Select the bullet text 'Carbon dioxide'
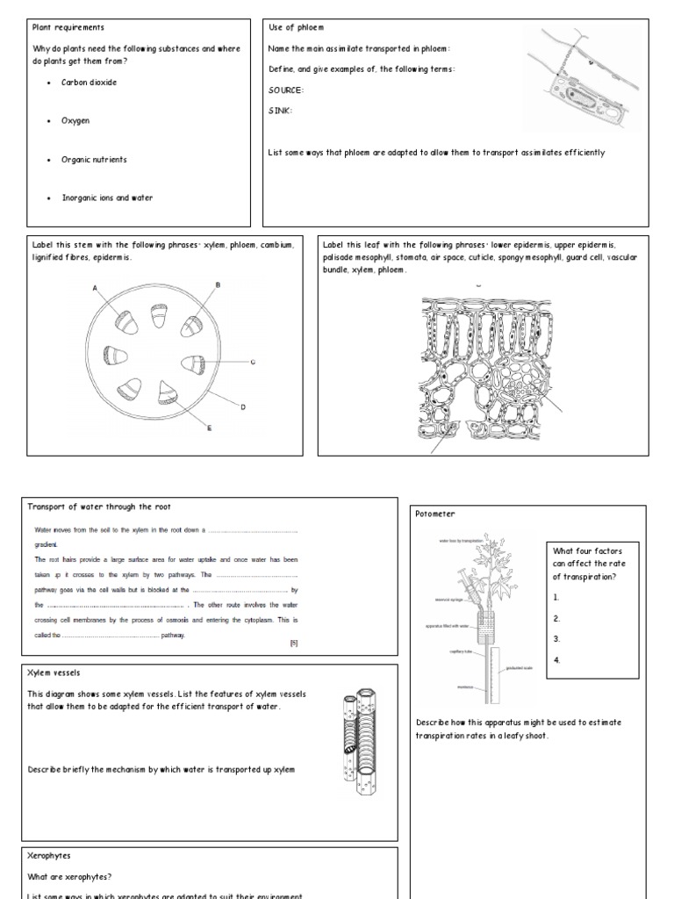coord(88,83)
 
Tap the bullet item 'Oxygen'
coord(75,120)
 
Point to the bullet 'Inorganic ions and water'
coord(106,198)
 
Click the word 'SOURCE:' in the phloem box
coord(286,90)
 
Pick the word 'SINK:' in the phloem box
coord(280,111)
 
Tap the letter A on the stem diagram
coord(95,288)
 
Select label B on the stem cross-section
coord(218,284)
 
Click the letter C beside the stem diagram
coord(253,362)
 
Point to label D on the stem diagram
coord(243,406)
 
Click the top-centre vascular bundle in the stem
coord(159,315)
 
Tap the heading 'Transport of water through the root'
coord(98,507)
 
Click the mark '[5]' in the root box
coord(293,643)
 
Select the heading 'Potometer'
coord(436,514)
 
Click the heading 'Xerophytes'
coord(50,854)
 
